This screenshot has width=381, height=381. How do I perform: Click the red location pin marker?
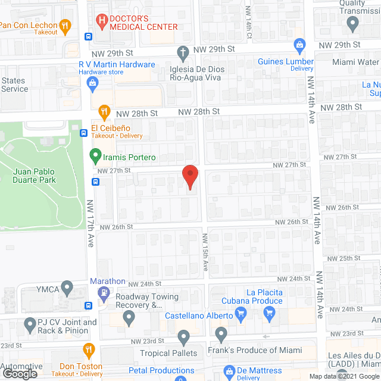(189, 177)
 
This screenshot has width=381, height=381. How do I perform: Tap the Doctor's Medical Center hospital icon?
(102, 22)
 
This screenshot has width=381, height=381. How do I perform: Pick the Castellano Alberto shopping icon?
(241, 313)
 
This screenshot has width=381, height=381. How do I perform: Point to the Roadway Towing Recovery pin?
(129, 318)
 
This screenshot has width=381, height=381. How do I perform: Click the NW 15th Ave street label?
(205, 253)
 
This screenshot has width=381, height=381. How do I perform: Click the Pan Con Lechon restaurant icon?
(66, 25)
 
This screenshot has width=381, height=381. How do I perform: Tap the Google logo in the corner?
(19, 373)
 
